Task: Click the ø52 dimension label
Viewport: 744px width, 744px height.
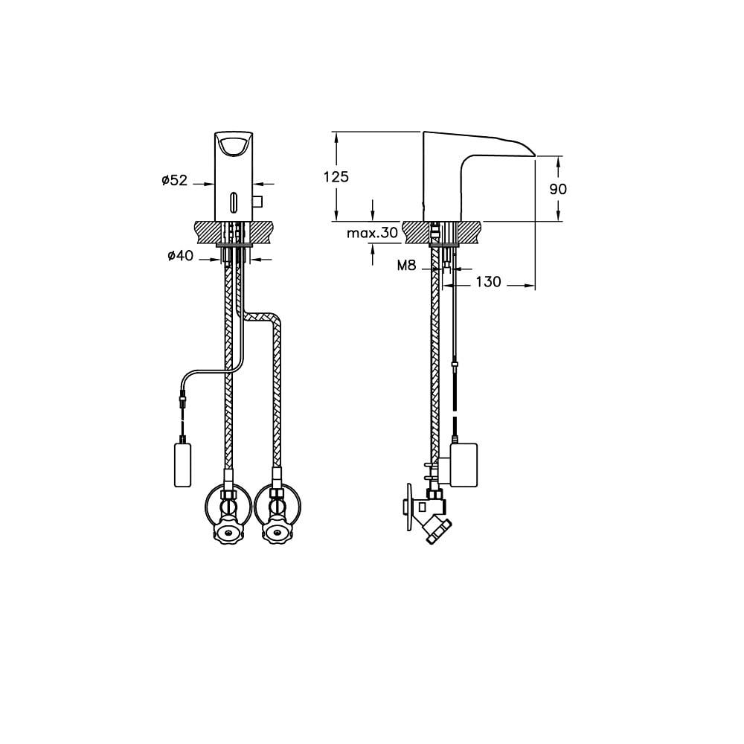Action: pyautogui.click(x=175, y=180)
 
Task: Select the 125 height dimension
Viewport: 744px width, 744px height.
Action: pyautogui.click(x=336, y=177)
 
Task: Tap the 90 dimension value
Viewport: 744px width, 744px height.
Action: pyautogui.click(x=558, y=189)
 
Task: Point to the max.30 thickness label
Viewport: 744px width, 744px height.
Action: pyautogui.click(x=372, y=232)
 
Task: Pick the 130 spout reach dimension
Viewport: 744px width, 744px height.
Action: pyautogui.click(x=489, y=282)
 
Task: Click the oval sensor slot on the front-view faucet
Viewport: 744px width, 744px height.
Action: pyautogui.click(x=234, y=200)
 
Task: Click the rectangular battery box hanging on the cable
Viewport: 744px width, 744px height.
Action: pyautogui.click(x=183, y=464)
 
